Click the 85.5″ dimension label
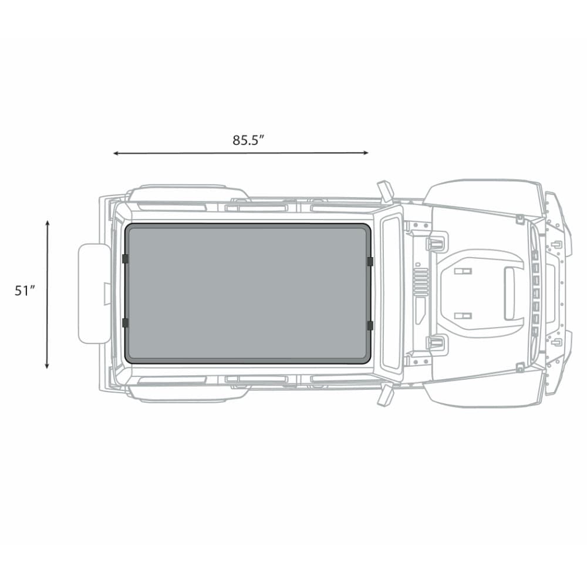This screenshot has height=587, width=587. pos(248,140)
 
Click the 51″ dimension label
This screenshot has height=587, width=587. pos(25,291)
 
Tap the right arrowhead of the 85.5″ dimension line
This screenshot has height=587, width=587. pos(366,153)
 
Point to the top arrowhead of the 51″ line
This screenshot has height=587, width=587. pos(47,224)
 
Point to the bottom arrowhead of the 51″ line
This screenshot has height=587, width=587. pos(47,366)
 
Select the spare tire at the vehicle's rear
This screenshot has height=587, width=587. pos(94,293)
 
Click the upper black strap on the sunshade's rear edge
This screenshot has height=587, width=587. pos(126,259)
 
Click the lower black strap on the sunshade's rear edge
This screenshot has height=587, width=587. pos(126,323)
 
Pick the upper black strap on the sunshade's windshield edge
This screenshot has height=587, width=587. pos(370,261)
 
